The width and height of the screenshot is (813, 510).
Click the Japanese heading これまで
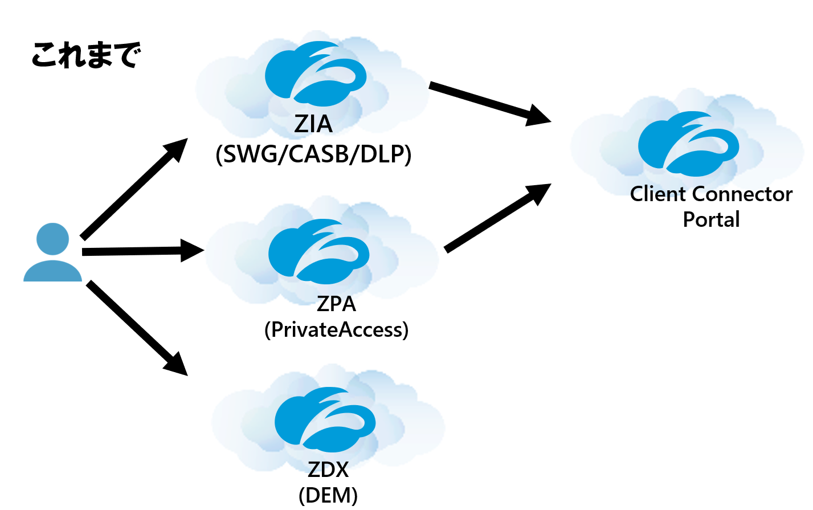(85, 55)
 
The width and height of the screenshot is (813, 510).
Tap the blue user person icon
(52, 252)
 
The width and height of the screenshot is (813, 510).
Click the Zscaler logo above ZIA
(315, 74)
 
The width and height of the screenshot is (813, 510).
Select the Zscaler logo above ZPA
(318, 251)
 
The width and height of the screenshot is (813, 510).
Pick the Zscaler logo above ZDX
(325, 419)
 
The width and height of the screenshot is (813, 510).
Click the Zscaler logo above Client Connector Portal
(688, 144)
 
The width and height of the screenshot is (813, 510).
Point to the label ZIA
(313, 124)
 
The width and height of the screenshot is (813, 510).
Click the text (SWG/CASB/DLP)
(313, 154)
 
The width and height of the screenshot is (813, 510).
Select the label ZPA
(336, 304)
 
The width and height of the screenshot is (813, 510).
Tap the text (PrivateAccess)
(336, 329)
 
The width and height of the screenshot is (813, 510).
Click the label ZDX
(328, 470)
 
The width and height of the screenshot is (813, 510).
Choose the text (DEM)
(328, 495)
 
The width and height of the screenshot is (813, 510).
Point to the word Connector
(743, 194)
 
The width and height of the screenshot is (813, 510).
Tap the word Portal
(711, 219)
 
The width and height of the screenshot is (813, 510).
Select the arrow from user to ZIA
(134, 189)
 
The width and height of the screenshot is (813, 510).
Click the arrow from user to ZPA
(142, 251)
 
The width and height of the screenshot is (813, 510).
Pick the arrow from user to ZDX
(137, 328)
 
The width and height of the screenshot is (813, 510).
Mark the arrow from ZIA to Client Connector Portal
(490, 103)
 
